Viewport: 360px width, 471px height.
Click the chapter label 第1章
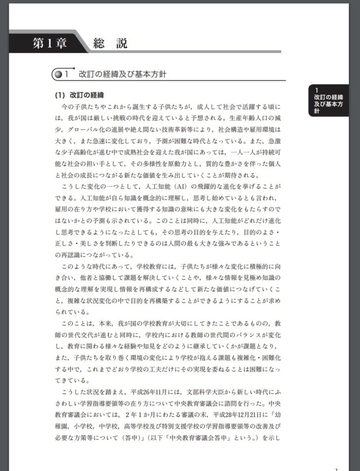[50, 44]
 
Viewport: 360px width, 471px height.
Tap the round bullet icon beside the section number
[58, 74]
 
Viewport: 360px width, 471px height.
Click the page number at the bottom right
[337, 469]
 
